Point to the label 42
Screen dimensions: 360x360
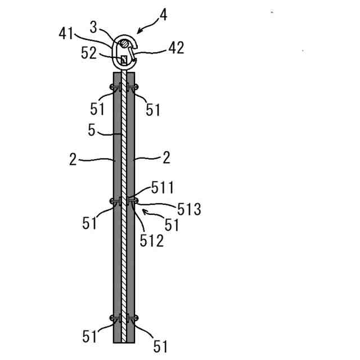[175, 48]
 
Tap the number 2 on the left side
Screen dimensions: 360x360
[73, 159]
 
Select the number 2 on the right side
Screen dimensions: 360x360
[166, 158]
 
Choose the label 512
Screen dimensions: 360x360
[152, 240]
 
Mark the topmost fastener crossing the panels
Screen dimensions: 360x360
[124, 87]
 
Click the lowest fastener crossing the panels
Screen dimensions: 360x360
[124, 319]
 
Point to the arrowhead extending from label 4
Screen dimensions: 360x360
[137, 33]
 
